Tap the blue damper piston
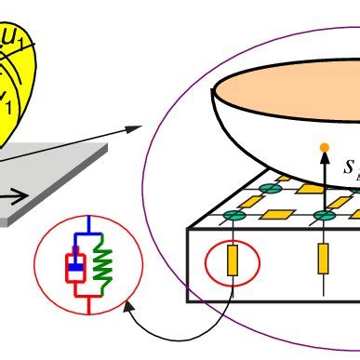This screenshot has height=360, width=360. (x=74, y=265)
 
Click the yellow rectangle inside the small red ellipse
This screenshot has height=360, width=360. (x=233, y=260)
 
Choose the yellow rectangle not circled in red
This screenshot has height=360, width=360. (x=323, y=259)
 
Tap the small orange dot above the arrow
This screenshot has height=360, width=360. (x=324, y=147)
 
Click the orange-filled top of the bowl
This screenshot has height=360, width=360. (x=288, y=94)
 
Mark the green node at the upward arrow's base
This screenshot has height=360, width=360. (x=324, y=216)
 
